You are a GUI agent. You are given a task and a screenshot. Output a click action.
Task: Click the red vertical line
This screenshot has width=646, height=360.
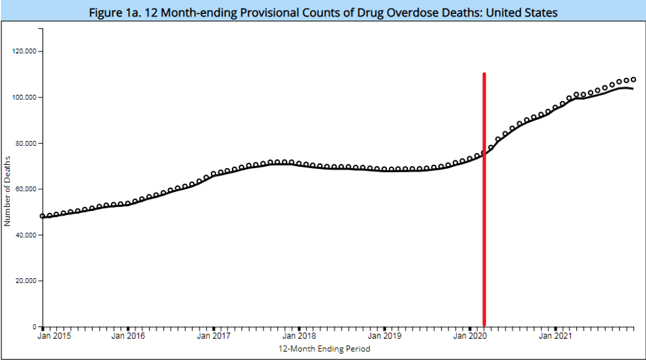tap(484, 198)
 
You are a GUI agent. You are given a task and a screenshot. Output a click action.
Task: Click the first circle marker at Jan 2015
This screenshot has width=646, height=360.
tap(42, 216)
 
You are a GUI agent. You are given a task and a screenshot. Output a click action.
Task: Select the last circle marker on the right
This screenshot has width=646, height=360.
tap(633, 80)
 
